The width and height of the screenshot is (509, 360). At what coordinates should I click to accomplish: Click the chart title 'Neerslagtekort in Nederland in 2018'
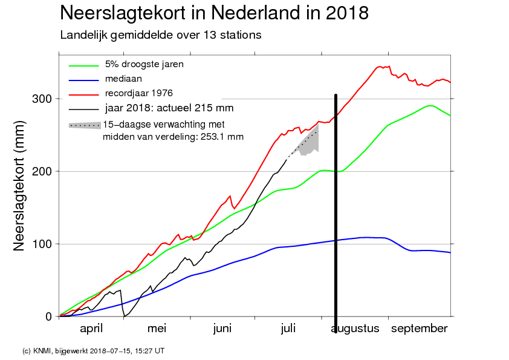[x=214, y=13]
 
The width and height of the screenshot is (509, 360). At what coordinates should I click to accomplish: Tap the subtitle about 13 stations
[x=161, y=35]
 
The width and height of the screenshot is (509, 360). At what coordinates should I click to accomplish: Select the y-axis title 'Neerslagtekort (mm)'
[x=19, y=186]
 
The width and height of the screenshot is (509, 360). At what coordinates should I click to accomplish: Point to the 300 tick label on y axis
[x=42, y=99]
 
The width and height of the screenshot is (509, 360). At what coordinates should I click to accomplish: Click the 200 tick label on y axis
[x=42, y=171]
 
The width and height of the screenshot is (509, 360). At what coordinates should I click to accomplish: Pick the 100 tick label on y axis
[x=42, y=244]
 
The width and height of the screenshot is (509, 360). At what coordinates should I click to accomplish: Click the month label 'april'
[x=91, y=329]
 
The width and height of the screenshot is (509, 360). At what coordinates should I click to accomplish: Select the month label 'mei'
[x=157, y=329]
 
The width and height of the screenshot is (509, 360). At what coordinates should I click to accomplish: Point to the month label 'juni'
[x=222, y=329]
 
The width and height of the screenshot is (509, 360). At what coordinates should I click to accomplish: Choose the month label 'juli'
[x=288, y=329]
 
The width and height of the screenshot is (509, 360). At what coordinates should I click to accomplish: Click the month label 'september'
[x=420, y=329]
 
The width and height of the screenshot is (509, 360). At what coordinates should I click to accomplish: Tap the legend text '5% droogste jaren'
[x=144, y=64]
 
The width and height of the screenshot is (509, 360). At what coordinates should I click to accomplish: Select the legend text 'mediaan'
[x=123, y=79]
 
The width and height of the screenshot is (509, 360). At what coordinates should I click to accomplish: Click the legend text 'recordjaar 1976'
[x=138, y=93]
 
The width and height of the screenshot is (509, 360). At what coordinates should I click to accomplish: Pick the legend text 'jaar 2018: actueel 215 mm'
[x=169, y=108]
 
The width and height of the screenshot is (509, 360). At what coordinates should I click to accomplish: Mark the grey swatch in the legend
[x=85, y=125]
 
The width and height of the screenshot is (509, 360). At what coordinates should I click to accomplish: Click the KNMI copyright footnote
[x=94, y=351]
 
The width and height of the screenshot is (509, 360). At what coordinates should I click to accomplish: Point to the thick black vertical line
[x=336, y=214]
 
